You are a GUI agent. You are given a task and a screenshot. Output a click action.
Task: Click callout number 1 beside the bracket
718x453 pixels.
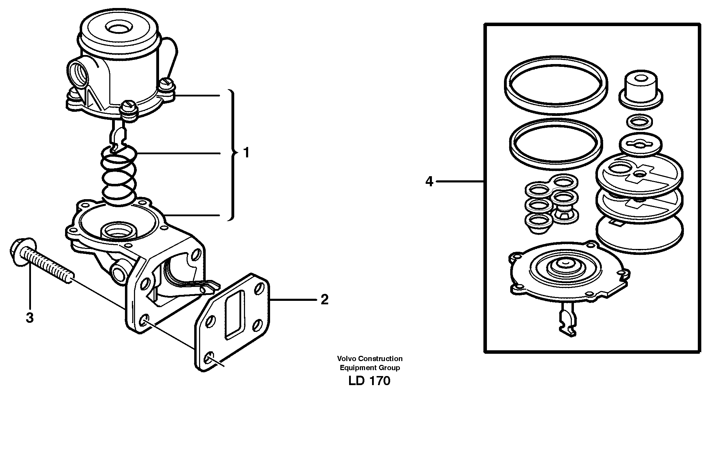[246, 153]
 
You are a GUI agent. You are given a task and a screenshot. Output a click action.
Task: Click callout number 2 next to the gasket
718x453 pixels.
[324, 299]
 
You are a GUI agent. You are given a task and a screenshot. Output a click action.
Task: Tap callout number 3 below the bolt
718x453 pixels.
[30, 318]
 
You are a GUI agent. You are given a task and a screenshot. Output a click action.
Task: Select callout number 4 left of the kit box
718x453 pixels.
[429, 181]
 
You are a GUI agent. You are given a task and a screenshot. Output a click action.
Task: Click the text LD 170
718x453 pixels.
[369, 381]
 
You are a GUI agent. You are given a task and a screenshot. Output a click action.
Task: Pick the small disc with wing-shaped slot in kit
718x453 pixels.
[640, 144]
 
